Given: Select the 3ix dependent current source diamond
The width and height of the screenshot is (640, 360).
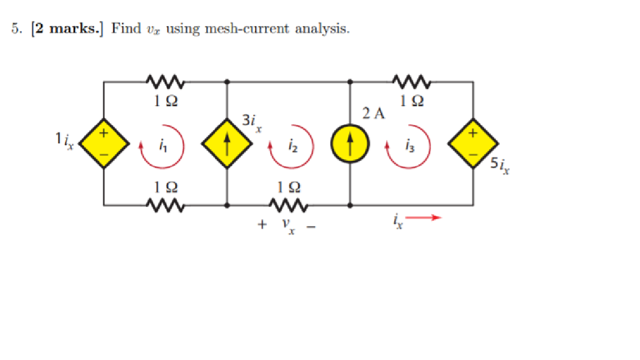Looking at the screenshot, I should coord(226,144).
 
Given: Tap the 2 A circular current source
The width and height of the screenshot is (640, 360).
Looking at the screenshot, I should coord(350,144).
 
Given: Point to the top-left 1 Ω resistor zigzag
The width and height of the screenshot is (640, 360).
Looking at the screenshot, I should coord(165,81).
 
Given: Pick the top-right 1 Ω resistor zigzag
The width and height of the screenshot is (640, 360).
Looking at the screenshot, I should coord(411,81).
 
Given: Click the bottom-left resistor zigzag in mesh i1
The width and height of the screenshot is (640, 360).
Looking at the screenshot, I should coord(165,204).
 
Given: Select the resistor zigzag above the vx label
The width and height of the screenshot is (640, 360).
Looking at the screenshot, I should coord(288,204).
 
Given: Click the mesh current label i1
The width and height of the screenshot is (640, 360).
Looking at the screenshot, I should coord(163,147).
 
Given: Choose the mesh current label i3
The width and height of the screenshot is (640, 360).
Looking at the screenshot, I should coord(409,147).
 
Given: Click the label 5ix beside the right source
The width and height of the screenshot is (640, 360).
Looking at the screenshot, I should coord(499,167).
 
